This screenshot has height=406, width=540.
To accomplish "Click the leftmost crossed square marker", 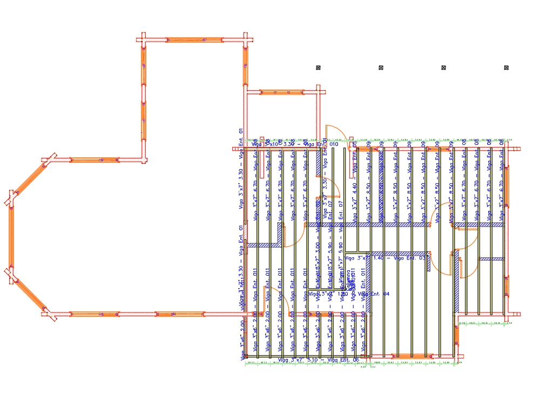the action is click(x=318, y=68).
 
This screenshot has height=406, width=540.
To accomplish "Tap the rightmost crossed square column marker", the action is click(x=507, y=68).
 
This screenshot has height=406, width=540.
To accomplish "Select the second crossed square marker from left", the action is click(x=381, y=68).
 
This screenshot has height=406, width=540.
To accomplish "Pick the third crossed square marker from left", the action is click(x=443, y=68).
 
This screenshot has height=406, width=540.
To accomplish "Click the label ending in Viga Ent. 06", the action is click(x=318, y=360).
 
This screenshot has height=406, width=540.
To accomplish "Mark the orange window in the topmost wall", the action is click(x=194, y=40).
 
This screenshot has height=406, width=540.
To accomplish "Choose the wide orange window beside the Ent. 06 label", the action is click(x=413, y=356).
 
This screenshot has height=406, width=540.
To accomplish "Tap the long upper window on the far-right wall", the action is click(x=506, y=187).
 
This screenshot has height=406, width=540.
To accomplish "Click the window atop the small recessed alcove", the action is click(x=282, y=92).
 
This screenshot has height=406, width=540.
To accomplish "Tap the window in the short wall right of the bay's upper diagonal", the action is click(x=94, y=160).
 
